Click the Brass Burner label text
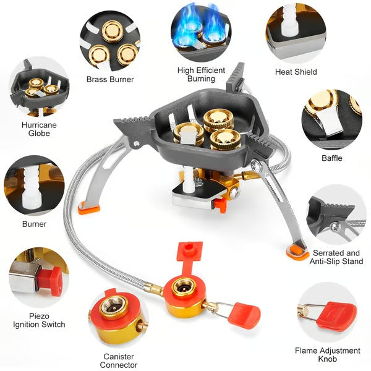click(110, 79)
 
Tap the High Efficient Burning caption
click(201, 74)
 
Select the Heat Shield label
click(296, 72)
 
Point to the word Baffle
click(331, 158)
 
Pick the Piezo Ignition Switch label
click(38, 320)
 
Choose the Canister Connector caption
click(119, 360)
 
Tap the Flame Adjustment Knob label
click(327, 355)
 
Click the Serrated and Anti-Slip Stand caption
click(336, 257)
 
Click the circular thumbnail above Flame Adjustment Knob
click(327, 312)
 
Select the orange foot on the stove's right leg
click(298, 251)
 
